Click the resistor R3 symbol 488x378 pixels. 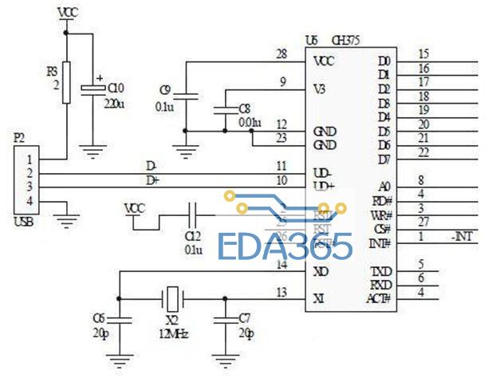click(66, 81)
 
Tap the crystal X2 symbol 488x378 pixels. click(172, 299)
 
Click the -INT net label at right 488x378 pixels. click(462, 236)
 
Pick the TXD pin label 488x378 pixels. click(383, 272)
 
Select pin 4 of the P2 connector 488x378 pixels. click(30, 201)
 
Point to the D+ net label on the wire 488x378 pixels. click(152, 180)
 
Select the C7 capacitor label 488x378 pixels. click(247, 325)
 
